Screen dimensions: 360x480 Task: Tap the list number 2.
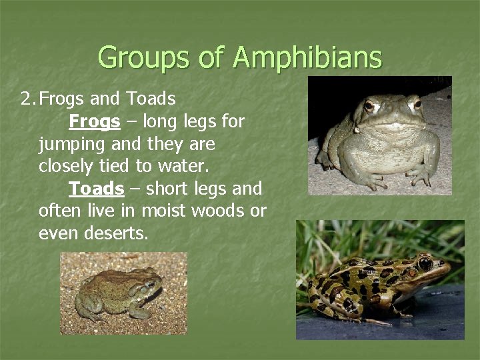coord(27,99)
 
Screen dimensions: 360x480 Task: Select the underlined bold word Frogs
coord(95,122)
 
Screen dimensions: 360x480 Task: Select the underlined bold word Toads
coord(97,189)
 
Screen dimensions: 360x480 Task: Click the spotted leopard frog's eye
coord(424,264)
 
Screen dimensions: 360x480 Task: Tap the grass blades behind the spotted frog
coord(333,240)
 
